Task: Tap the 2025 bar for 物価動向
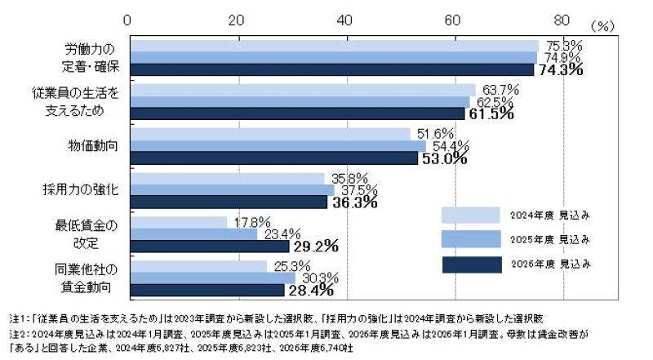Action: point(278,145)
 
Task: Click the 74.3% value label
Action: point(560,70)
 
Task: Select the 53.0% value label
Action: point(443,158)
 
